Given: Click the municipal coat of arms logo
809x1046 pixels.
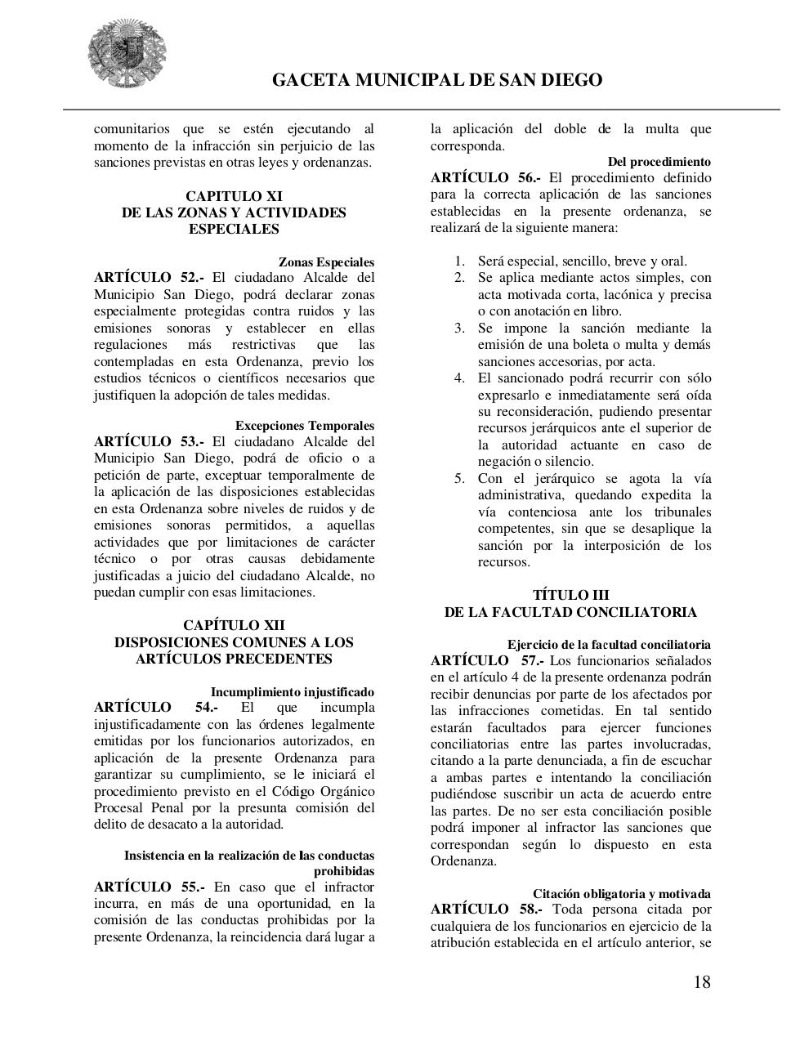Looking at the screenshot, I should (x=128, y=55).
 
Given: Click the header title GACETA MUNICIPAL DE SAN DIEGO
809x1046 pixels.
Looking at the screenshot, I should (x=436, y=80).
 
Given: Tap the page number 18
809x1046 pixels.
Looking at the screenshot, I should (x=702, y=982).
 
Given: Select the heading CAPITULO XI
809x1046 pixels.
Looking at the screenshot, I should (x=234, y=196).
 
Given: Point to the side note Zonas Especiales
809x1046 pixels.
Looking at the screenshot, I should (x=326, y=262).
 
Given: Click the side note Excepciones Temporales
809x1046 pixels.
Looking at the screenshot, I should (x=305, y=426).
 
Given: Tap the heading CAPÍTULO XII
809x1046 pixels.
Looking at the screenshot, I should (x=234, y=626).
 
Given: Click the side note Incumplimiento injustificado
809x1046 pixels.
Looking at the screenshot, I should (x=293, y=691).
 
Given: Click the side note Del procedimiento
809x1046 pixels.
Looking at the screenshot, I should (x=659, y=162).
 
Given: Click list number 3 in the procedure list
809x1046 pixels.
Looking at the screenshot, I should (x=459, y=328).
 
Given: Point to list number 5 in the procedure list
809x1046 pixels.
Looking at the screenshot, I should (x=459, y=478).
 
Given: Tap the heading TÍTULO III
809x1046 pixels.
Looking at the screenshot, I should (x=570, y=595).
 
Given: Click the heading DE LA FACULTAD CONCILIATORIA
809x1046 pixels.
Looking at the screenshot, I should (x=570, y=612).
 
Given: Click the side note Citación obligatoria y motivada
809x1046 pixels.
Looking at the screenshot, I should (x=621, y=894).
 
